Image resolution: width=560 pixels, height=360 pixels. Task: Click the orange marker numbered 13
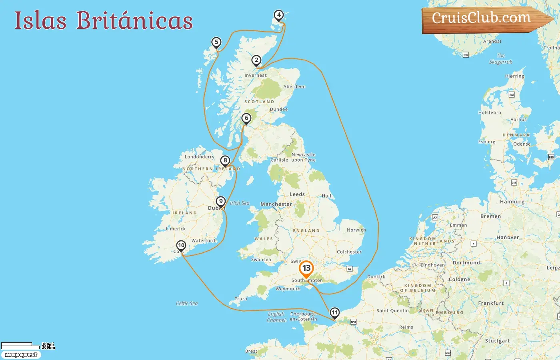(x=306, y=268)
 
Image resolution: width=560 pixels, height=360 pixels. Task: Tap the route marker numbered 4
(x=279, y=16)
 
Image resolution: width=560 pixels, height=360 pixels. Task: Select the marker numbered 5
(x=216, y=42)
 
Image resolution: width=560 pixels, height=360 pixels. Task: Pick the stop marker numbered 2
(x=256, y=60)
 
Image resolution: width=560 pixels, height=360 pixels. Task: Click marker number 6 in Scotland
(x=246, y=118)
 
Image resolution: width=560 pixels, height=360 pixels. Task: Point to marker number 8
(x=225, y=161)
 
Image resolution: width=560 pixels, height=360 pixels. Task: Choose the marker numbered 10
(x=181, y=246)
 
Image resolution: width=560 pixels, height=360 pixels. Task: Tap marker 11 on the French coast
(x=334, y=313)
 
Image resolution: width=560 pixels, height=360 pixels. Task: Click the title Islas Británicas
(x=104, y=20)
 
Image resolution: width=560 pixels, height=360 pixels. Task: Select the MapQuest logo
(x=21, y=355)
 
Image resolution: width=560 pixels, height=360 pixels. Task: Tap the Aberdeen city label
(x=294, y=87)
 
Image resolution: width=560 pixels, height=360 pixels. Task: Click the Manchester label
(x=276, y=204)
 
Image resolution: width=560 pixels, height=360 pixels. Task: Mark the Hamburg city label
(x=512, y=202)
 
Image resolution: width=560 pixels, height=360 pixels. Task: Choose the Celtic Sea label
(x=187, y=304)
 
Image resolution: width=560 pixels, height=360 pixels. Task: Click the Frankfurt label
(x=491, y=303)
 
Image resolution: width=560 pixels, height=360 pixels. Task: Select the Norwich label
(x=356, y=230)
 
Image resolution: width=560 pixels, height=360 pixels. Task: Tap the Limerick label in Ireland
(x=176, y=229)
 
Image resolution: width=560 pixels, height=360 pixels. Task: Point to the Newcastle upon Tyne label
(x=303, y=157)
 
